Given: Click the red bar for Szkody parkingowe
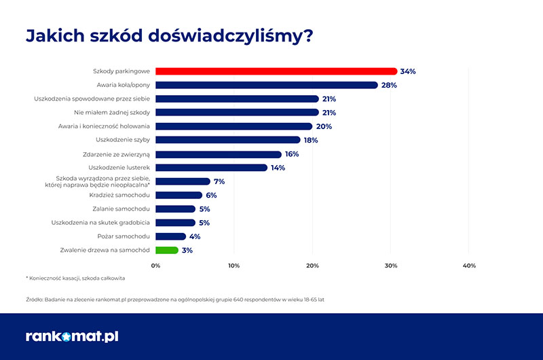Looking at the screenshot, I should (276, 71).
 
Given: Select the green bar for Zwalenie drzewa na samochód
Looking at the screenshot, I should (167, 250).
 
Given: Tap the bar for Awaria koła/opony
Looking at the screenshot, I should (266, 85).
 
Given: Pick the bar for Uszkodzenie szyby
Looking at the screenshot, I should (228, 140).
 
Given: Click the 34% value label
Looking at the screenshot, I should (408, 71).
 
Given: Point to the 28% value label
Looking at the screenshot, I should (389, 85).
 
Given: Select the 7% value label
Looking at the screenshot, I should (219, 181).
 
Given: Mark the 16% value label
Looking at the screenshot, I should (291, 154).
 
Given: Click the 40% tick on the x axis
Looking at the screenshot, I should (469, 265).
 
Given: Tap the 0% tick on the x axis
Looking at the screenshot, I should (155, 265).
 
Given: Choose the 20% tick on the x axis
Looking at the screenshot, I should (312, 265).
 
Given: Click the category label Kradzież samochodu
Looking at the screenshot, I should (119, 195).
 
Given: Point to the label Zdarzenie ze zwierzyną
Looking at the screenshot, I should (116, 154).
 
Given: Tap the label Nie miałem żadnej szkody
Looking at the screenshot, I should (111, 113).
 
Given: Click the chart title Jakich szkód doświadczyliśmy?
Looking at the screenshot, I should (169, 35).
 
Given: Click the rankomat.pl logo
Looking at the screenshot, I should (72, 336).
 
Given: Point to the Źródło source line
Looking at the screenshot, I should (174, 299).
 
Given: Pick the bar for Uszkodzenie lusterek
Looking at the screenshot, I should (212, 168).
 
